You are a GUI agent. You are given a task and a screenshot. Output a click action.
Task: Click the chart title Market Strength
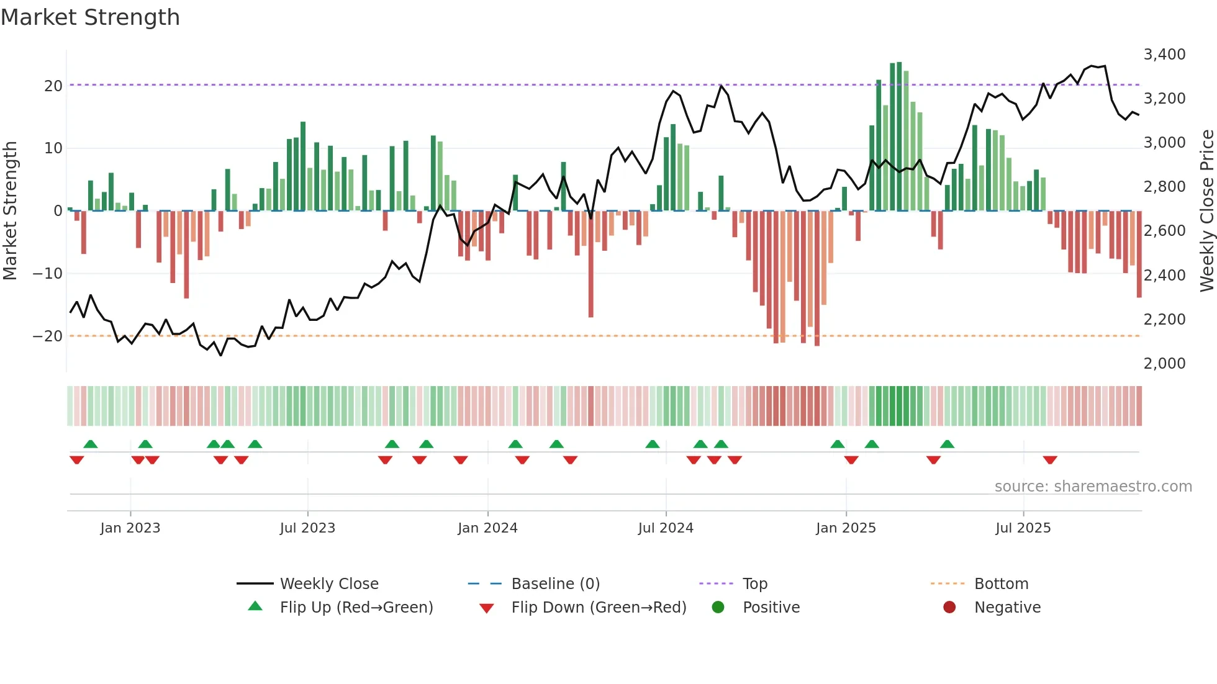(x=90, y=17)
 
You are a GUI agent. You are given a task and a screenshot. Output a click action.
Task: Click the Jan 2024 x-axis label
(x=487, y=528)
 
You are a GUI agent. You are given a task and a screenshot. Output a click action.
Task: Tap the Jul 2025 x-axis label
(x=1023, y=528)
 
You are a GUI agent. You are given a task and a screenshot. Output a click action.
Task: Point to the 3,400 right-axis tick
(x=1164, y=55)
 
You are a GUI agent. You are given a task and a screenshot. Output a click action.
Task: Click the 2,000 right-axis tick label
(x=1164, y=364)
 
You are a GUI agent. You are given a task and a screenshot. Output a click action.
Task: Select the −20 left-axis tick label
(x=48, y=336)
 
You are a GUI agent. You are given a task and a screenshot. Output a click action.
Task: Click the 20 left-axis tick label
(x=53, y=86)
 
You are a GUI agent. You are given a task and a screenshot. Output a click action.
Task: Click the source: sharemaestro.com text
(x=1093, y=487)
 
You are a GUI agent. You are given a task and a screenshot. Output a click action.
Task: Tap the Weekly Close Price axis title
(x=1206, y=211)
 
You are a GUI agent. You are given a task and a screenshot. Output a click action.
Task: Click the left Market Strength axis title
(x=10, y=211)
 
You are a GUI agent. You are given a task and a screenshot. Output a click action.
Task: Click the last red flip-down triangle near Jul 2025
(x=1050, y=460)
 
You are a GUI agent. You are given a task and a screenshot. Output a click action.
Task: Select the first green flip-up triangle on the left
(x=91, y=444)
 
